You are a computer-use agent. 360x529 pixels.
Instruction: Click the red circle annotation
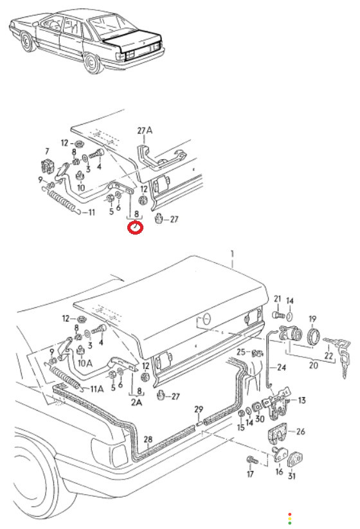coord(135,228)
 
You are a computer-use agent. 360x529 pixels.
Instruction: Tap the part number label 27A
coord(145,130)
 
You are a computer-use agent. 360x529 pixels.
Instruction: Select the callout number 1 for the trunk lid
coord(232,254)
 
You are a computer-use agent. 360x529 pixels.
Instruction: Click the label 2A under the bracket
coord(136,402)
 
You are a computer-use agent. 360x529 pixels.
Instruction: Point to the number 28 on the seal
coord(148,439)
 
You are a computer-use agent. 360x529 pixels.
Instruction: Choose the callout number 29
coord(199,409)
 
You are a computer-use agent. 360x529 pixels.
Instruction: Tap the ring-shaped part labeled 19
coord(313,336)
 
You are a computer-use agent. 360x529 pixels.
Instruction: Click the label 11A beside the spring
coord(97,389)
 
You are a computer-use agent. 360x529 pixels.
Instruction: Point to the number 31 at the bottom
coord(292,476)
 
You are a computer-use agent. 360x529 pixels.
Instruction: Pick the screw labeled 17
coord(252,460)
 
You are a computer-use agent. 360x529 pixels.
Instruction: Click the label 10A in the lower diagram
coord(85,363)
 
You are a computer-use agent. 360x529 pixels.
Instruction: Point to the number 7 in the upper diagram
coord(47,152)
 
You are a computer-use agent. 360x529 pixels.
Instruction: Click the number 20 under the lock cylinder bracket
coord(314,365)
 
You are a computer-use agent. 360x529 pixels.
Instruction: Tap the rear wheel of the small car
coord(93,63)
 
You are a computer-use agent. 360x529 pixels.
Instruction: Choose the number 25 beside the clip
coord(241,352)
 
